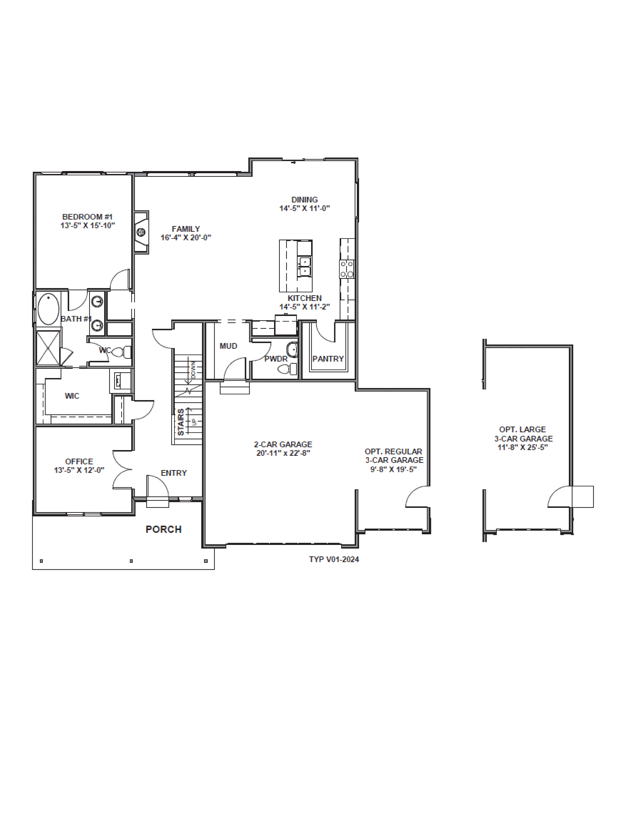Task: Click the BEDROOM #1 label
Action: (x=87, y=217)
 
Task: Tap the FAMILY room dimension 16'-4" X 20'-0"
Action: (x=186, y=238)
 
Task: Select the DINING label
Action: (x=304, y=200)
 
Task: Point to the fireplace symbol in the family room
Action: (x=141, y=232)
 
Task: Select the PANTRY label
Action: (x=328, y=359)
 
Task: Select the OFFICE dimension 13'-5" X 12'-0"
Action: (x=79, y=470)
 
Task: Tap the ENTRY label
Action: (x=174, y=473)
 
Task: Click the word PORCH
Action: (x=164, y=530)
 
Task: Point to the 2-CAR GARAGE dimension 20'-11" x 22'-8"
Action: (x=283, y=453)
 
